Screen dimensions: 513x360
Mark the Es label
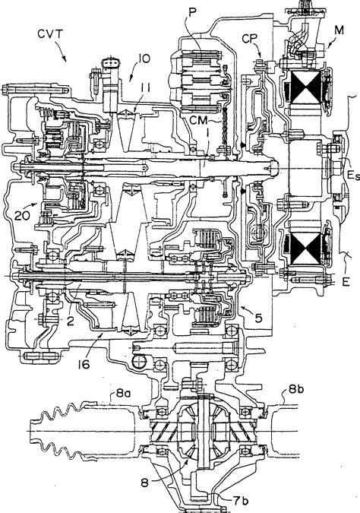(347, 176)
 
